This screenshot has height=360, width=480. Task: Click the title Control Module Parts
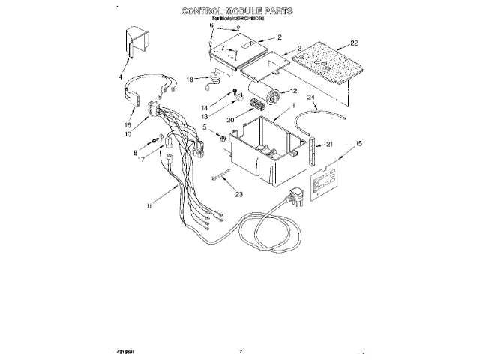point(236,11)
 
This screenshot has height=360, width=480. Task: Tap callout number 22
point(354,43)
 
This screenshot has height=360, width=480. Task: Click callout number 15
point(359,142)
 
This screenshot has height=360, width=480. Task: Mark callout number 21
point(328,144)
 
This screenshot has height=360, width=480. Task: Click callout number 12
point(304,91)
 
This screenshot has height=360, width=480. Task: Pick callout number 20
point(229,120)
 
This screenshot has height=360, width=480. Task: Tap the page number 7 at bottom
point(241,350)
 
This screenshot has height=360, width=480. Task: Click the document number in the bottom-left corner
point(127,350)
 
